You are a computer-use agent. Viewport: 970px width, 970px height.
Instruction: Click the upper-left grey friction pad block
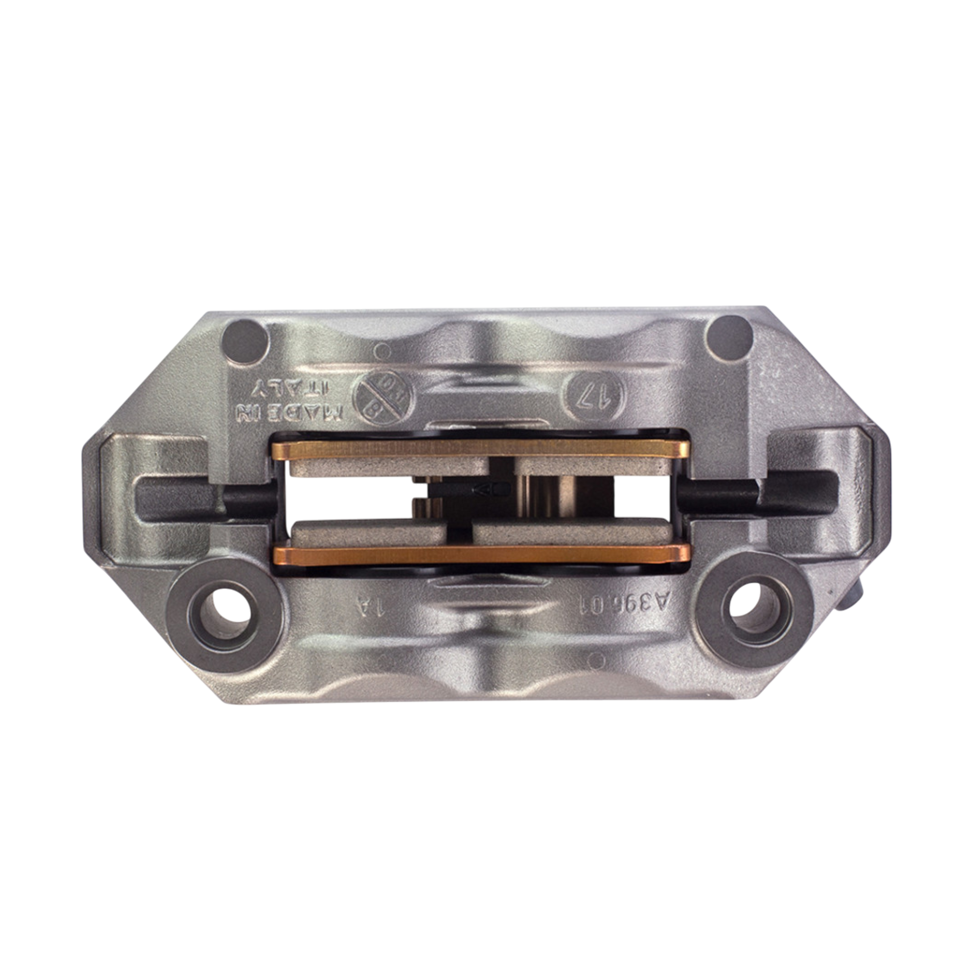(x=389, y=468)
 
